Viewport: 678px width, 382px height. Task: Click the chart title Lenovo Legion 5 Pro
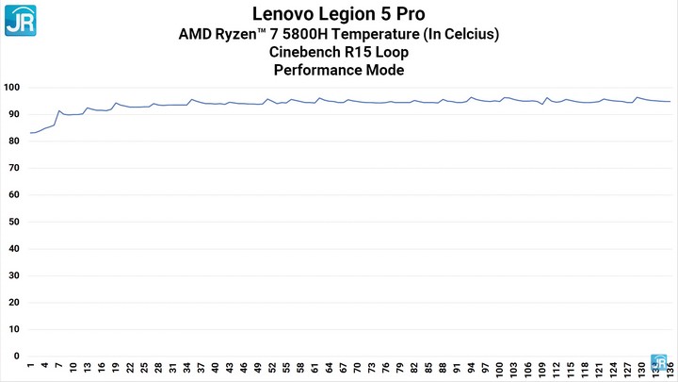tap(338, 13)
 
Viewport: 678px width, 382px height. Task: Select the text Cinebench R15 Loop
tap(338, 52)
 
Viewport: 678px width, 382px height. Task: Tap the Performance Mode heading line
tap(338, 70)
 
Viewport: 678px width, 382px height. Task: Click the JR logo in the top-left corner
tap(19, 20)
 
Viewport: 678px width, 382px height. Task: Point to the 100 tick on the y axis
tap(11, 88)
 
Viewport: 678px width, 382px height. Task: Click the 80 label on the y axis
tap(13, 141)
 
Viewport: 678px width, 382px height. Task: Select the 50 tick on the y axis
tap(13, 222)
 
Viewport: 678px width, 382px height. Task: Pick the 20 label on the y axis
tap(13, 303)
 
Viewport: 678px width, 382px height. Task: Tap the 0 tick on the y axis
tap(16, 357)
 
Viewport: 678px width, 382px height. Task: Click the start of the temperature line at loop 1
tap(30, 133)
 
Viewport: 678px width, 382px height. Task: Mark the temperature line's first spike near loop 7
tap(58, 111)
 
